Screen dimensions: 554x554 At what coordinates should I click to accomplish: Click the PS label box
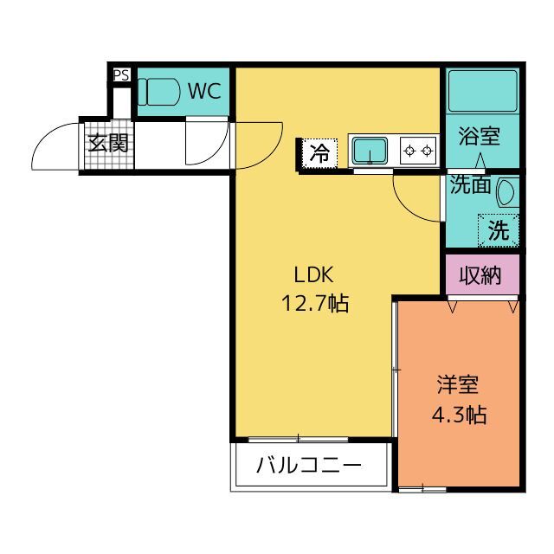tap(121, 75)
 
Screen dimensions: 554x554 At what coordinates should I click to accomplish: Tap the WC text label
tap(204, 91)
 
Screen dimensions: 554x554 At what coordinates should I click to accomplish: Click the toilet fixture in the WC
tap(158, 92)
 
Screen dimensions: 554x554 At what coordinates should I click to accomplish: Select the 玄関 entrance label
tap(108, 143)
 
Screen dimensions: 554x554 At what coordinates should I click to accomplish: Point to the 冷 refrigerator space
tap(319, 153)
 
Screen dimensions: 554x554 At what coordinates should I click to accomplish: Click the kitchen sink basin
tap(370, 151)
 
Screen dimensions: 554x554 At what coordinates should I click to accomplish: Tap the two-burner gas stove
tap(418, 151)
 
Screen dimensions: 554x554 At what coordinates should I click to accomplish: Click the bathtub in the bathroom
tap(483, 91)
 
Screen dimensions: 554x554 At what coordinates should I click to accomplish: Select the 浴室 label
tap(480, 136)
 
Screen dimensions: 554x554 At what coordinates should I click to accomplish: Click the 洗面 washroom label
tap(470, 184)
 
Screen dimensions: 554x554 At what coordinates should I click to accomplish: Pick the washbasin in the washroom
tap(507, 192)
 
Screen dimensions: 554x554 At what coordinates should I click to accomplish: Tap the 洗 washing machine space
tap(499, 230)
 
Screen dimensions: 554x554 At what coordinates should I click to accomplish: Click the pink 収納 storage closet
tap(482, 274)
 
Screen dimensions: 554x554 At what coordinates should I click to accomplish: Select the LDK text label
tap(313, 275)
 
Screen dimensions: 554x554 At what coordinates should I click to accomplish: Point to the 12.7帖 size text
tap(315, 303)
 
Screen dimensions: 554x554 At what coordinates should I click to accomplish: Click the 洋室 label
tap(458, 384)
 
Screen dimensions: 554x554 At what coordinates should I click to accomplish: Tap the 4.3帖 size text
tap(459, 415)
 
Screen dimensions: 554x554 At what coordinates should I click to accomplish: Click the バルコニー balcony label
tap(309, 465)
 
